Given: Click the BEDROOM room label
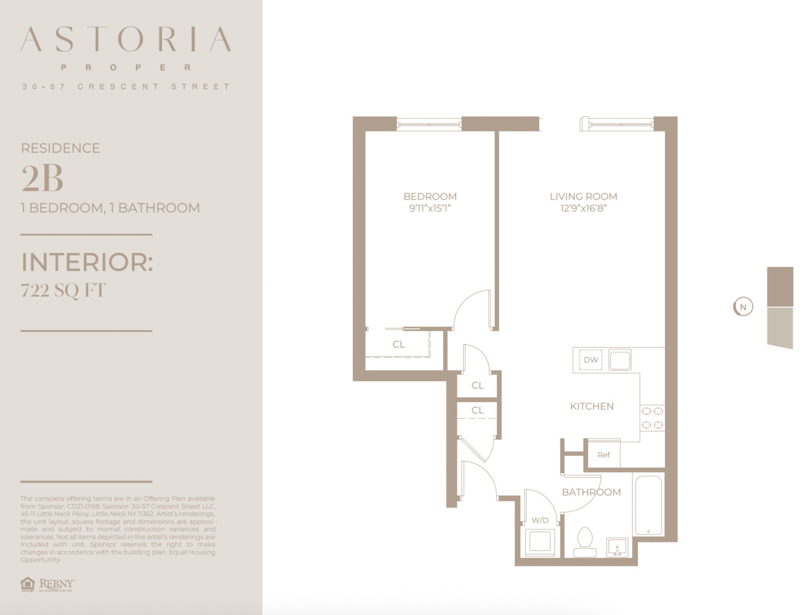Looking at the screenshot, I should [x=430, y=196].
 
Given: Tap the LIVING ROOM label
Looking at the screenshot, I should [x=583, y=196].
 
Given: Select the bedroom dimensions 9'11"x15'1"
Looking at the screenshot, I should [x=430, y=208].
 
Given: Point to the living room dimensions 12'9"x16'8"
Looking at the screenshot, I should [x=583, y=208].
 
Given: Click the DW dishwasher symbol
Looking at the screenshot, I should [x=590, y=360].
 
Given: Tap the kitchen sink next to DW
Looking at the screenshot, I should [x=620, y=360].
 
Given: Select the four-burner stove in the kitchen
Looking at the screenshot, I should [x=652, y=418].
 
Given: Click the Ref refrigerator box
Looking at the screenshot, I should [x=603, y=455].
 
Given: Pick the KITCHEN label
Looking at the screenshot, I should [x=592, y=406].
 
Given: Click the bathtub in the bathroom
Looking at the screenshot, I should [x=648, y=505].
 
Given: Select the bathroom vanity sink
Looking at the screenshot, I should [x=616, y=545].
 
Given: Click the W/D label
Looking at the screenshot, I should [x=540, y=520].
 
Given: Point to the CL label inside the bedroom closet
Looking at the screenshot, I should [x=398, y=344].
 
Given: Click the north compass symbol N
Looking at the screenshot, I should [x=743, y=307].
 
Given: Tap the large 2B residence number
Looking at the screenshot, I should [x=42, y=179].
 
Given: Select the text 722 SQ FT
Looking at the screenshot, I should [x=63, y=290].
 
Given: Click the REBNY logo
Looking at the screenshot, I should [x=49, y=584].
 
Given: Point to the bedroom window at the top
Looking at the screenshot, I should [x=429, y=124].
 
